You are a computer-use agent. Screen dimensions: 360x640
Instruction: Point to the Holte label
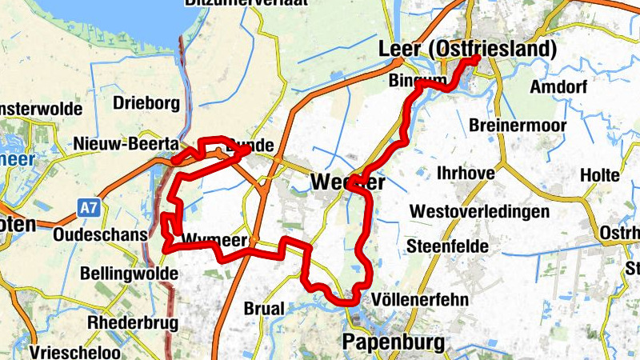(x=600, y=174)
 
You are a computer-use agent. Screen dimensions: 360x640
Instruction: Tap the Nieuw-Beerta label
(x=125, y=144)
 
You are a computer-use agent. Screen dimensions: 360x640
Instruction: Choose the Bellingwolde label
(x=126, y=273)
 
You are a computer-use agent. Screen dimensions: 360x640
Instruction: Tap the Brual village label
(x=263, y=308)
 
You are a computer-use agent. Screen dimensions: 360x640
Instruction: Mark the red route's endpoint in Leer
(x=476, y=59)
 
